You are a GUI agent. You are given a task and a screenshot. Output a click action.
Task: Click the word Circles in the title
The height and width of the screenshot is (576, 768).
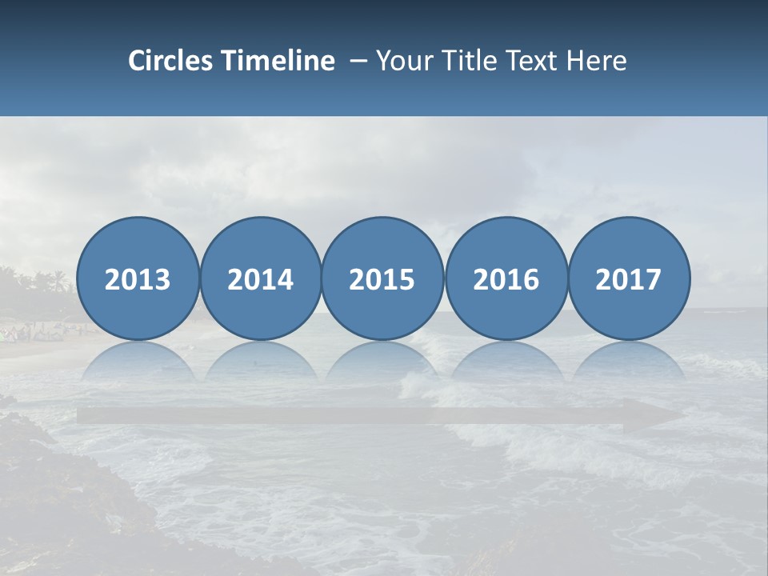point(171,61)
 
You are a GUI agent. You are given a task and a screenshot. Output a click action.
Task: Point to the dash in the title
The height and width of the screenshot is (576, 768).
point(358,62)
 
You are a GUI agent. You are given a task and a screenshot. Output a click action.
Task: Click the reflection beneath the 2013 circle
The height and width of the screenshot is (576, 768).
point(138,360)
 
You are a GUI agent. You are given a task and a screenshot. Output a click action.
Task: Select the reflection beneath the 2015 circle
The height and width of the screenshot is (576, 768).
point(382,360)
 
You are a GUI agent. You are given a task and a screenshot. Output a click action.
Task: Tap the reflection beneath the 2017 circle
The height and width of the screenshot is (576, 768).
point(629,360)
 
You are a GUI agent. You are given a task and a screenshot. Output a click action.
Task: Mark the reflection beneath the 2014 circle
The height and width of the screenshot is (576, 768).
point(260,360)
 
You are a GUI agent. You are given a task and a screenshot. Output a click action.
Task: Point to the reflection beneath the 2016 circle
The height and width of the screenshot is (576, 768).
point(506,360)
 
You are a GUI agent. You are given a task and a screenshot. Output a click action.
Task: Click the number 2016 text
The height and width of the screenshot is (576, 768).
point(506,279)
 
